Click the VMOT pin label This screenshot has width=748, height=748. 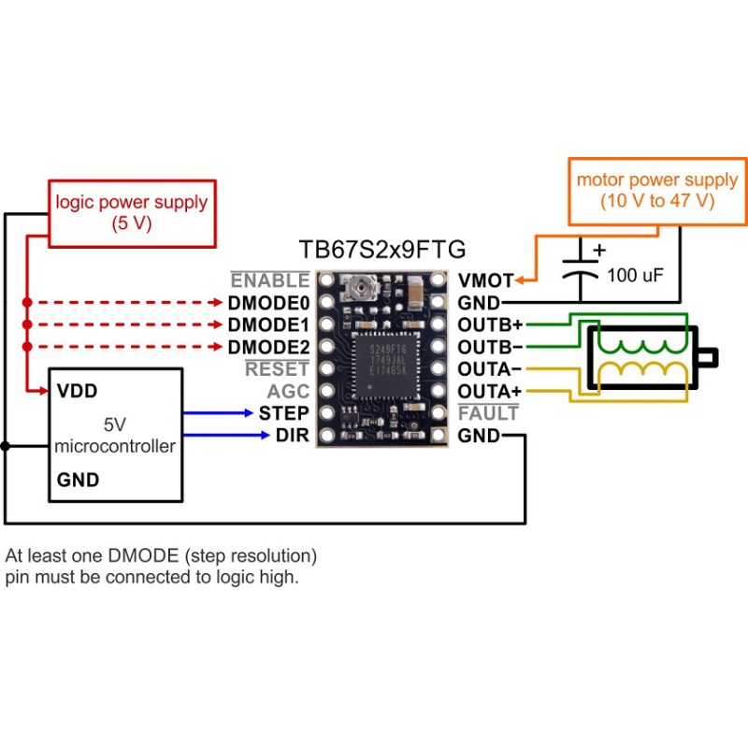[485, 280]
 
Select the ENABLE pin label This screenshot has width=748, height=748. [270, 280]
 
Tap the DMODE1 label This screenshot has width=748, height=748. [268, 324]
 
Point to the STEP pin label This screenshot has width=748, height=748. [284, 413]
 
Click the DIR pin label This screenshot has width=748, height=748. [293, 435]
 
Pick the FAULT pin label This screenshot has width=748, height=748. [488, 413]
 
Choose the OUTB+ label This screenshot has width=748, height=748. [490, 324]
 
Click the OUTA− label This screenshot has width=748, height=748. [489, 369]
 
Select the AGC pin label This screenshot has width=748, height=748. [288, 391]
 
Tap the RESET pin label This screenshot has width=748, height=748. [277, 368]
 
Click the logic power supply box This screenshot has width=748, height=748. [132, 213]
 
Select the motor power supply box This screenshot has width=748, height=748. [657, 192]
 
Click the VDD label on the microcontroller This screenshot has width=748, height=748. [77, 391]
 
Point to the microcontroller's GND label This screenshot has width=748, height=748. [78, 480]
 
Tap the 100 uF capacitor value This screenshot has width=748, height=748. [635, 275]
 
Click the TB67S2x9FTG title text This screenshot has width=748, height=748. [382, 250]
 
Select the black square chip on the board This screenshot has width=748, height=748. [386, 366]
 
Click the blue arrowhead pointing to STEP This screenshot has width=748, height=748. [249, 413]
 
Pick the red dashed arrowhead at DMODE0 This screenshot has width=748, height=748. [218, 302]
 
